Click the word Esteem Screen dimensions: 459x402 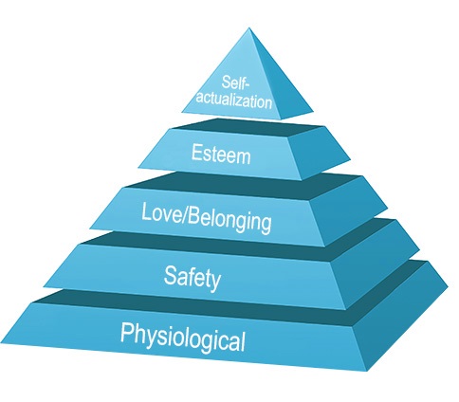(221, 154)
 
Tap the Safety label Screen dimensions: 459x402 (193, 278)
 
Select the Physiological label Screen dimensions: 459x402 (183, 337)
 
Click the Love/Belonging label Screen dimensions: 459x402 (206, 218)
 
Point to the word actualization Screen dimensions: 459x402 (234, 100)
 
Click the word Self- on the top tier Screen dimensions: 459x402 (235, 82)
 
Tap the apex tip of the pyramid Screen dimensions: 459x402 (249, 28)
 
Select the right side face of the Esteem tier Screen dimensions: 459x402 (320, 152)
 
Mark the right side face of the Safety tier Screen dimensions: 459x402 (376, 263)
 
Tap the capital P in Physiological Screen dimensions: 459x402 (127, 332)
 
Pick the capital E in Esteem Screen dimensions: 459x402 (196, 152)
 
